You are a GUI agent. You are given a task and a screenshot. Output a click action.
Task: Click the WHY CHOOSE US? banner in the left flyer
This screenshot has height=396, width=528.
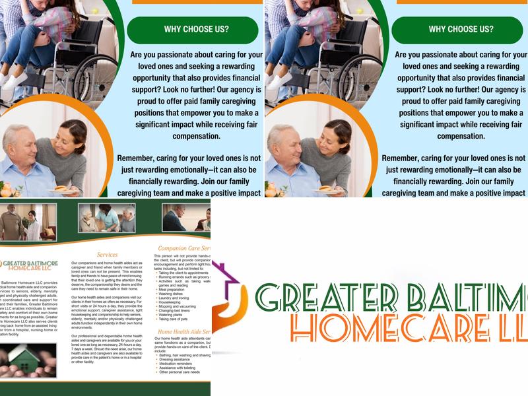(x=192, y=30)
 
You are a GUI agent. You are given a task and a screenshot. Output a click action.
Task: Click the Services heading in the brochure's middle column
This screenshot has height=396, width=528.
(x=107, y=254)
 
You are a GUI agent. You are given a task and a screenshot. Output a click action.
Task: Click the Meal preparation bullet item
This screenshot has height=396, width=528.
(x=172, y=289)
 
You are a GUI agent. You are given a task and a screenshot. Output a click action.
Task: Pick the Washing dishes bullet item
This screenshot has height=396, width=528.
(x=171, y=294)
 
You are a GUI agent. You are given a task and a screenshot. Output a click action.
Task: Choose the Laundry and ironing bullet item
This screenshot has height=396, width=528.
(x=174, y=298)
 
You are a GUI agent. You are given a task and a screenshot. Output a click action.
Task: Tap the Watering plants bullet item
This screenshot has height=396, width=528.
(x=172, y=315)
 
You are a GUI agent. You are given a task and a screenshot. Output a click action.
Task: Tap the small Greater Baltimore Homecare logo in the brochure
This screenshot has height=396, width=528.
(x=26, y=265)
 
